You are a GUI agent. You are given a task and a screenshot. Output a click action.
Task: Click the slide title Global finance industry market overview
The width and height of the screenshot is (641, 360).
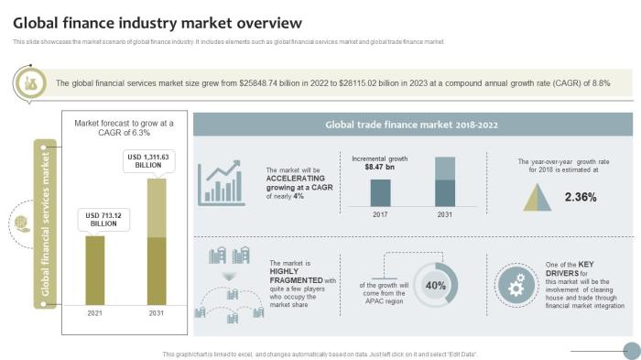point(157,22)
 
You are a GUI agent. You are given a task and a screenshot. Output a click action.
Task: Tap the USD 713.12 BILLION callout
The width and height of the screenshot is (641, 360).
point(103,219)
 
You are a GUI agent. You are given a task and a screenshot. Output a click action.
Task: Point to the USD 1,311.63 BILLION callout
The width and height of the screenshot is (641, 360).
point(147,161)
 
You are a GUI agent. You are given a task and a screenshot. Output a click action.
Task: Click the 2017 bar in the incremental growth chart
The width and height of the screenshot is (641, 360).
point(380,192)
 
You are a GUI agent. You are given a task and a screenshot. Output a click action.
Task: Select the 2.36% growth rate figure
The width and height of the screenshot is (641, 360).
point(581,197)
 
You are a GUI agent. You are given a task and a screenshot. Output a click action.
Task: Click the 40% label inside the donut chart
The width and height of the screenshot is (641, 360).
point(436,285)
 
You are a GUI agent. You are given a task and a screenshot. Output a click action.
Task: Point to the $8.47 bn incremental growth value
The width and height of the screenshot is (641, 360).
point(379,168)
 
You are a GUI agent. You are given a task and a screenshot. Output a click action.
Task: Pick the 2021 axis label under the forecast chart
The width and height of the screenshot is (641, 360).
point(95,314)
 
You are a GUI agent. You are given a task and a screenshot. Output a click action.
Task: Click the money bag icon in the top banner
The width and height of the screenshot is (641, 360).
point(30,83)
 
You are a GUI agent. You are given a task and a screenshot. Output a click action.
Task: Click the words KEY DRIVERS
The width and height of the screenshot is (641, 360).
point(566,273)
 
